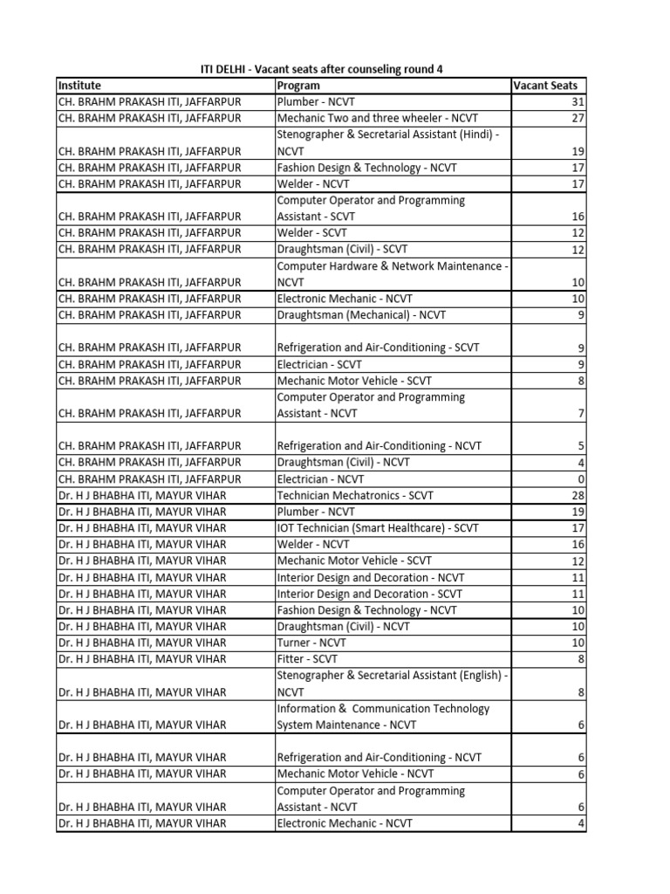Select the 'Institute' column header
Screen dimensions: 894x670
(x=79, y=86)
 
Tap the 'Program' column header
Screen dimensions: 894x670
(x=298, y=86)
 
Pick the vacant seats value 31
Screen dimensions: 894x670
(x=576, y=102)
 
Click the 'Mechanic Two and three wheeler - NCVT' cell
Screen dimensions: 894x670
(x=378, y=118)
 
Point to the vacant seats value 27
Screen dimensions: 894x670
(x=576, y=118)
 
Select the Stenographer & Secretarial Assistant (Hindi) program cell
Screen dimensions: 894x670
(x=389, y=142)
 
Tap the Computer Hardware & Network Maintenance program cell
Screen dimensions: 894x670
(x=389, y=274)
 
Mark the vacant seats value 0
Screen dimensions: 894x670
(x=580, y=479)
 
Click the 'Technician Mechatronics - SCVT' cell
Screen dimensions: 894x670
(x=353, y=495)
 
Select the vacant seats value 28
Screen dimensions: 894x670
(x=576, y=495)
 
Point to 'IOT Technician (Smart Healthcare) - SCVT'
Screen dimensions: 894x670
(x=379, y=528)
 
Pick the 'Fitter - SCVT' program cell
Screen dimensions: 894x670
(x=307, y=659)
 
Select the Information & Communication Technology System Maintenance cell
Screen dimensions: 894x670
(x=384, y=717)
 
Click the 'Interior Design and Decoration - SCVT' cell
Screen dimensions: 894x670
(x=370, y=594)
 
